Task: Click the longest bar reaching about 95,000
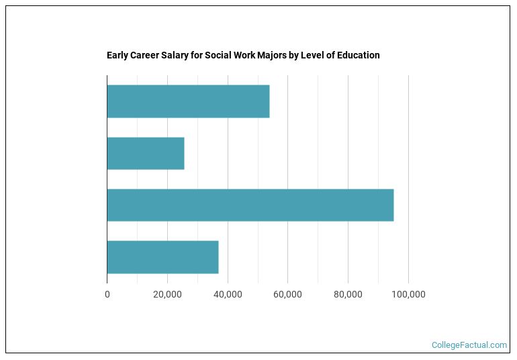(x=250, y=205)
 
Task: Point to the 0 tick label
(x=107, y=294)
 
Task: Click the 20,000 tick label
(x=167, y=294)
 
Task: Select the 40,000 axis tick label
(x=228, y=294)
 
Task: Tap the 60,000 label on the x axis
(x=287, y=294)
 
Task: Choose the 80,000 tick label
(x=348, y=294)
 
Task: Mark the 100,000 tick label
(x=408, y=294)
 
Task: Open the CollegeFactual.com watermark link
(x=469, y=345)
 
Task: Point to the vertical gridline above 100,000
(x=408, y=175)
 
